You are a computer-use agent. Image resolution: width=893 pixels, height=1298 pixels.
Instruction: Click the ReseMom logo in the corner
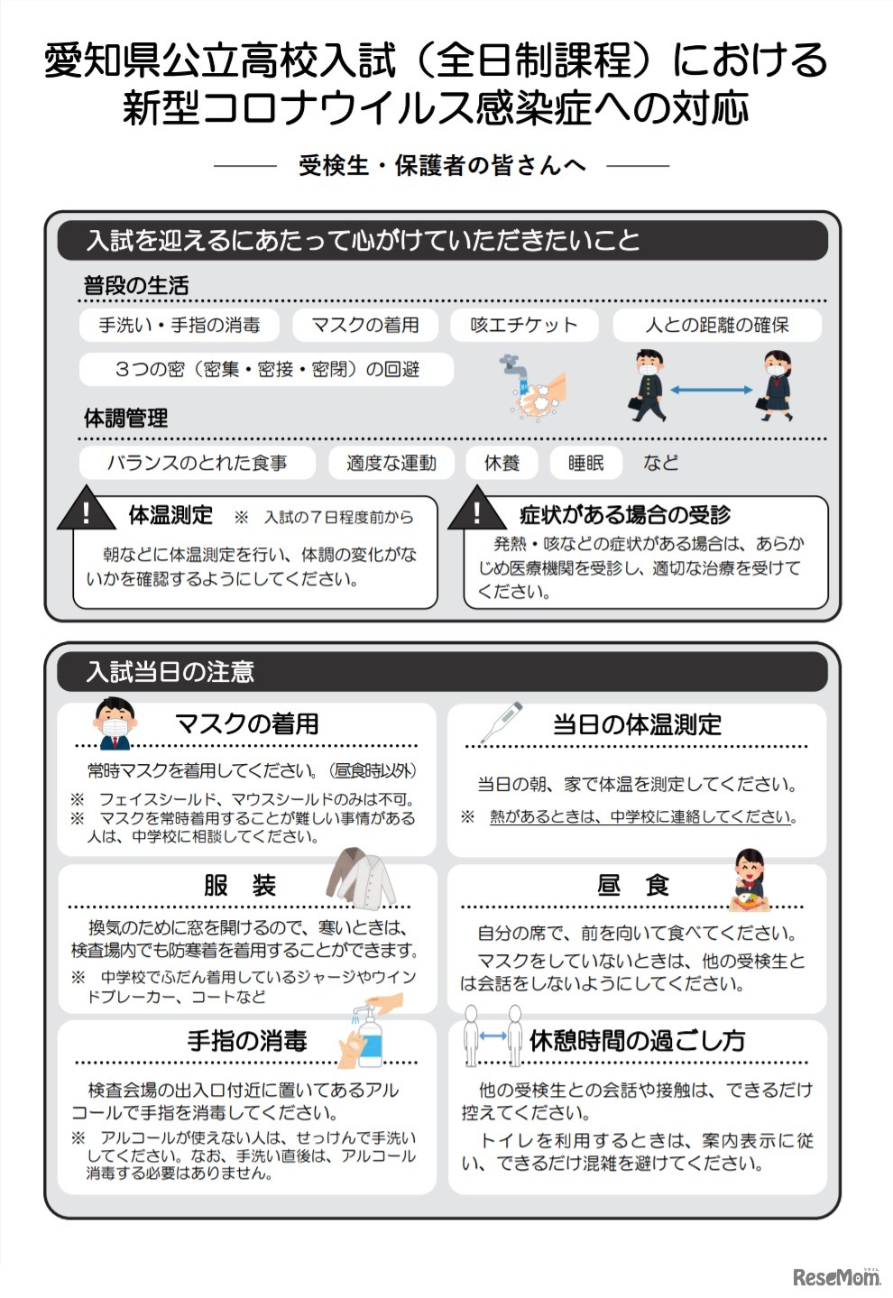click(835, 1275)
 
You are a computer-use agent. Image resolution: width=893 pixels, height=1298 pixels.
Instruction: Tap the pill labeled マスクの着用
click(365, 325)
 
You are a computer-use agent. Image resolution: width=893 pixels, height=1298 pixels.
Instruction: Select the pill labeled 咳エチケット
click(524, 325)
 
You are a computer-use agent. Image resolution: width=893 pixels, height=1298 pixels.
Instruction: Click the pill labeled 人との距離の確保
click(717, 325)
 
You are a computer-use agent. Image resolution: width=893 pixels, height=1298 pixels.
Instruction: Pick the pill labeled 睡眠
click(585, 463)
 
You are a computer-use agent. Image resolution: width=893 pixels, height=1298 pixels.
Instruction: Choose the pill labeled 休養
click(502, 463)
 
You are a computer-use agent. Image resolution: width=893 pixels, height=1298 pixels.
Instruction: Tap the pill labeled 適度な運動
click(391, 463)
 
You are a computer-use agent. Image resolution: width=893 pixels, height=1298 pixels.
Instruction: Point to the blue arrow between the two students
click(712, 390)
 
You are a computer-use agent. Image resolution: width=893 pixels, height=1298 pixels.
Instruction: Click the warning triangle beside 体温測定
click(87, 512)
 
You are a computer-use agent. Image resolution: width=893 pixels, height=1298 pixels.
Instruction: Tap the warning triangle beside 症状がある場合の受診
click(477, 512)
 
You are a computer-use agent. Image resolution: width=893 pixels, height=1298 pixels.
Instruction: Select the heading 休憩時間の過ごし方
click(637, 1040)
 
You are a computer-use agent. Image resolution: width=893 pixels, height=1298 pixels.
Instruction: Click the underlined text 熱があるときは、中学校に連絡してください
click(642, 817)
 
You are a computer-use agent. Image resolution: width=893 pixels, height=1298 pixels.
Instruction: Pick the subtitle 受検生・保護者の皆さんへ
click(442, 166)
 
